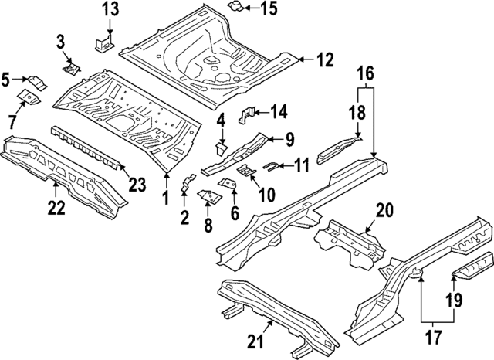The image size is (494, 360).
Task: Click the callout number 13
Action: (111, 9)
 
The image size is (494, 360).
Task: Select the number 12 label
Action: (325, 59)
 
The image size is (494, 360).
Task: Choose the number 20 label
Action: (384, 209)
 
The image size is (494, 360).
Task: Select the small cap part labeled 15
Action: (232, 7)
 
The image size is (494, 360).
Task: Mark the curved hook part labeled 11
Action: (272, 165)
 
